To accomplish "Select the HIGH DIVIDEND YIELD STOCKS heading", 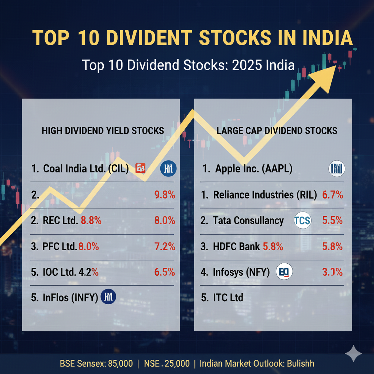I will point(103,131).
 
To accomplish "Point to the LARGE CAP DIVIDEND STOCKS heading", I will point(277,130).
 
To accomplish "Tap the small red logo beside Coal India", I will point(141,168).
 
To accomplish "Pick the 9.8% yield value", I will point(165,195).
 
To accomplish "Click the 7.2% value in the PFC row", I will point(165,246).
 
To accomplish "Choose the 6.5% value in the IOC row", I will point(165,272).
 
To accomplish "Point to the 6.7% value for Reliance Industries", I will point(332,195).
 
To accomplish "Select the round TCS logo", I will point(303,221).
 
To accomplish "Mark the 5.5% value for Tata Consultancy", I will point(332,221).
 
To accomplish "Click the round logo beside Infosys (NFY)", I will point(285,272).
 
